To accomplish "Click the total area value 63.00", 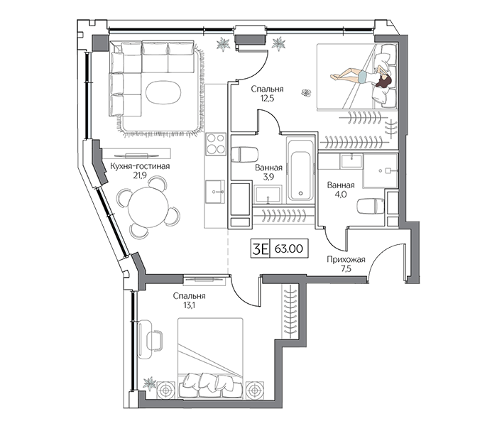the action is coord(289,248).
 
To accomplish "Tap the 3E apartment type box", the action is coord(261,248).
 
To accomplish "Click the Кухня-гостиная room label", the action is coord(140,166).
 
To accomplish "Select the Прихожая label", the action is coord(346,260).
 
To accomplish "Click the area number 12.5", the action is coord(267,98).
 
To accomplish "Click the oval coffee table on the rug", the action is coord(163,92).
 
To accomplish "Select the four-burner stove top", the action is coord(216,144).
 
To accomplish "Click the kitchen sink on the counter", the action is coord(215,192).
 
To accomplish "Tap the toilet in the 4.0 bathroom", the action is coord(370,206).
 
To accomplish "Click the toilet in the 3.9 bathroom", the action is coord(244,154).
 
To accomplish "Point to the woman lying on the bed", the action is coord(361,77).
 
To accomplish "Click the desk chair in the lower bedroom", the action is coord(155,340).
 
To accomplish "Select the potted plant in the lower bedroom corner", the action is coord(150,383).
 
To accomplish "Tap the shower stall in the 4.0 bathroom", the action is coord(381,171).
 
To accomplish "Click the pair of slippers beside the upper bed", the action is coord(306,92).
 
